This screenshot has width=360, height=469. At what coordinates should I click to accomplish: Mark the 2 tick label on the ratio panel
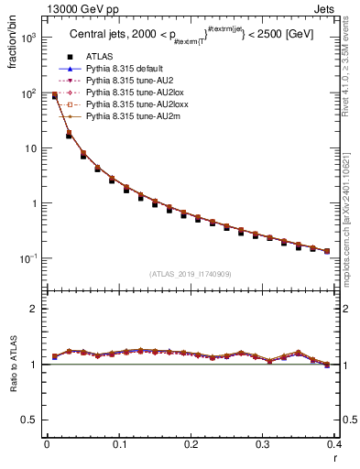click(x=36, y=309)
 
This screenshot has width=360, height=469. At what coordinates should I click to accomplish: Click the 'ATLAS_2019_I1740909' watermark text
click(x=191, y=273)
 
